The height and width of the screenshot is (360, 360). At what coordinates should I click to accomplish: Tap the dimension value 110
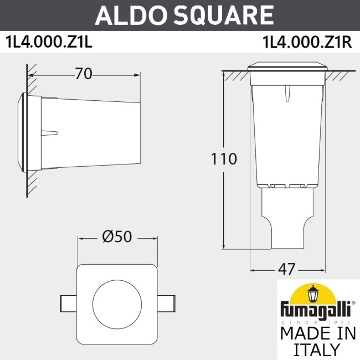224,159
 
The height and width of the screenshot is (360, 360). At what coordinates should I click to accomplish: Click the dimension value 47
286,270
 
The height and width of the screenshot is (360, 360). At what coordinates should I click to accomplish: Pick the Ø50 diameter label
117,238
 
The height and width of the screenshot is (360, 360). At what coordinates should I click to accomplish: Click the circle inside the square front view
117,301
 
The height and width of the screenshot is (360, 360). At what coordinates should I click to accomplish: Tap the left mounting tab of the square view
67,302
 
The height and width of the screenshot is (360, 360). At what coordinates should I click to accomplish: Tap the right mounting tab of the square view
167,302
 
